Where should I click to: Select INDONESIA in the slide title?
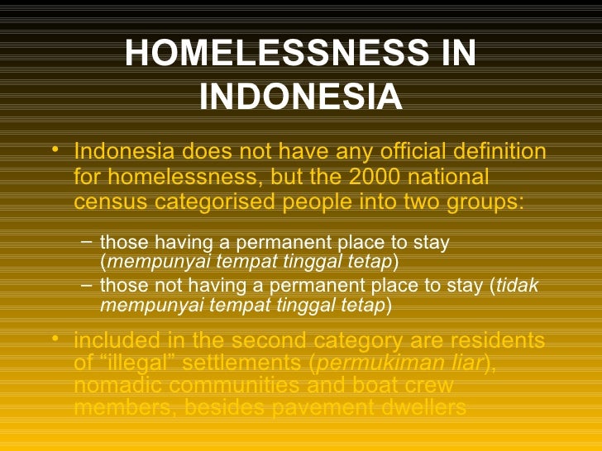click(301, 97)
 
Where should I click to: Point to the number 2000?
click(379, 178)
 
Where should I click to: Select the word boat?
click(354, 385)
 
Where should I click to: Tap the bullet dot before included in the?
click(55, 338)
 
